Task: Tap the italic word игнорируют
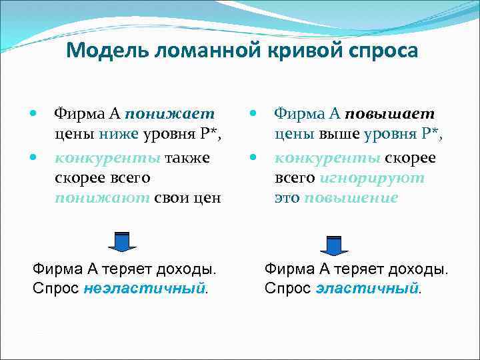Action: coord(371,178)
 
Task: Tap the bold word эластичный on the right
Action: coord(368,289)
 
